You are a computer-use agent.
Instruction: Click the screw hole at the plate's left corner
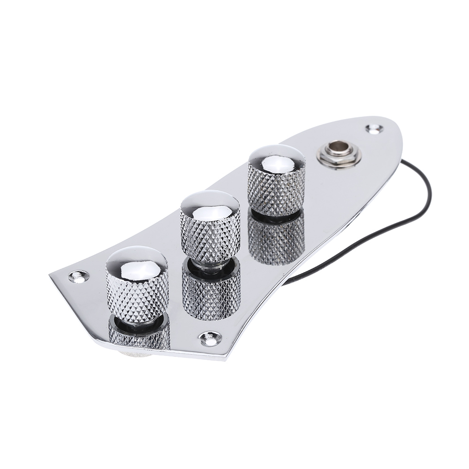pyautogui.click(x=78, y=276)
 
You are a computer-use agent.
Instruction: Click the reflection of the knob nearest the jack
pyautogui.click(x=276, y=239)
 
